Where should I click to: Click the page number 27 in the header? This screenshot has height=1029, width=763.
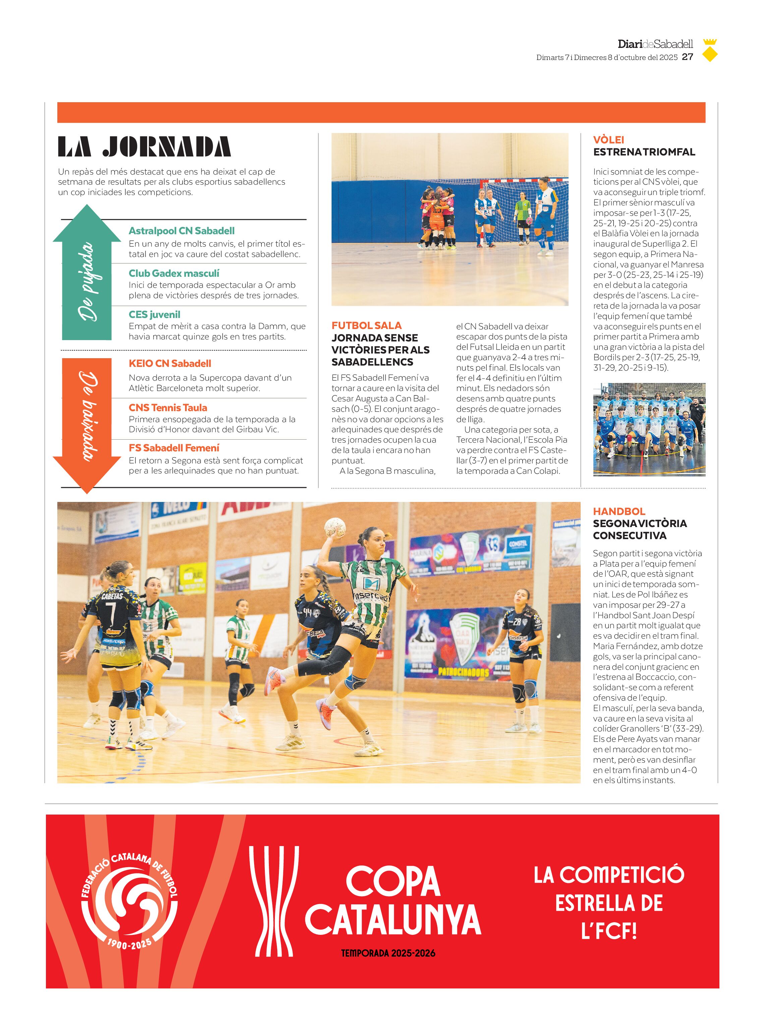pos(687,57)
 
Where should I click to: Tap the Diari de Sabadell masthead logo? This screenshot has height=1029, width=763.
pos(655,44)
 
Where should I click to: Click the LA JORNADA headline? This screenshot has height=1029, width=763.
pos(144,147)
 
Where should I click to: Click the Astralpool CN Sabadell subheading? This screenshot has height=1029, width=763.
pos(181,231)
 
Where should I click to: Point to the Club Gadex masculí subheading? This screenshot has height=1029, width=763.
pos(174,273)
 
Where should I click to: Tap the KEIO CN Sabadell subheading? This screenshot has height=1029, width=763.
pos(170,363)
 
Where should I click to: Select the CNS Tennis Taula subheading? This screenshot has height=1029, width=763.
pos(168,408)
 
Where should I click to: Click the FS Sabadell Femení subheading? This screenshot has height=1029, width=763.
pos(174,448)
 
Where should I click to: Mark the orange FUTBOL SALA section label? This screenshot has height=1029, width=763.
pos(366,325)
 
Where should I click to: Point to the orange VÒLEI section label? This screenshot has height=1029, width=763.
pos(608,139)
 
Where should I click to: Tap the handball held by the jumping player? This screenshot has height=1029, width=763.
pos(334,527)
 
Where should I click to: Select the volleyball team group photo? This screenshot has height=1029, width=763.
pos(649,429)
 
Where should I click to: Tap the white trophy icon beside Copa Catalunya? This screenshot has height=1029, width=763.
pos(274,901)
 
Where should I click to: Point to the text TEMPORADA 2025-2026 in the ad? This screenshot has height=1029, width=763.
pos(388,953)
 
